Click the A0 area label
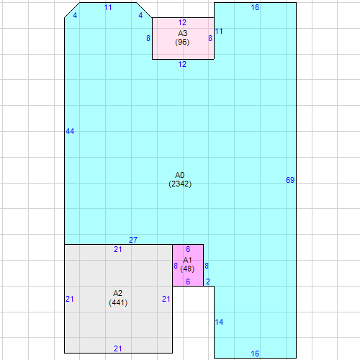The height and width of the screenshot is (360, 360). (180, 175)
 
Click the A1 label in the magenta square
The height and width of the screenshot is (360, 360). (187, 260)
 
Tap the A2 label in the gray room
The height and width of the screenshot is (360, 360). (118, 293)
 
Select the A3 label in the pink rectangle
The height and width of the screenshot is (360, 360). (182, 34)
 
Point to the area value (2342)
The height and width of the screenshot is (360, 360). (180, 184)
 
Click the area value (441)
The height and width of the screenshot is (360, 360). (118, 302)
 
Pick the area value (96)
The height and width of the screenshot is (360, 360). (182, 42)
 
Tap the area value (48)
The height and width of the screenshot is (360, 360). (187, 269)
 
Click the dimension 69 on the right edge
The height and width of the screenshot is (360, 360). (290, 180)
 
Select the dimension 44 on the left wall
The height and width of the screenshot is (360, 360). (70, 131)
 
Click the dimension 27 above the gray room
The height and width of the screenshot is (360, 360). (133, 240)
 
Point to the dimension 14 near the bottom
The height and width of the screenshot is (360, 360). (220, 322)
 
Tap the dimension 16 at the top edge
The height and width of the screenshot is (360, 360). (255, 7)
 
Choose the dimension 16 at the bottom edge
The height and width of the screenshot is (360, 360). (255, 354)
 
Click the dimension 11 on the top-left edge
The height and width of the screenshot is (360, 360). (108, 7)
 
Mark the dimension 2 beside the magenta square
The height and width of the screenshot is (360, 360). (209, 282)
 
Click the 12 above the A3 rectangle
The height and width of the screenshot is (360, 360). (182, 22)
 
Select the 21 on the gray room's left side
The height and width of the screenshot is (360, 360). (70, 299)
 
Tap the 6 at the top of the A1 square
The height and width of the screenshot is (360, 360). (188, 249)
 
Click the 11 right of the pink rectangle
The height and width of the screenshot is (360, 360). (219, 31)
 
